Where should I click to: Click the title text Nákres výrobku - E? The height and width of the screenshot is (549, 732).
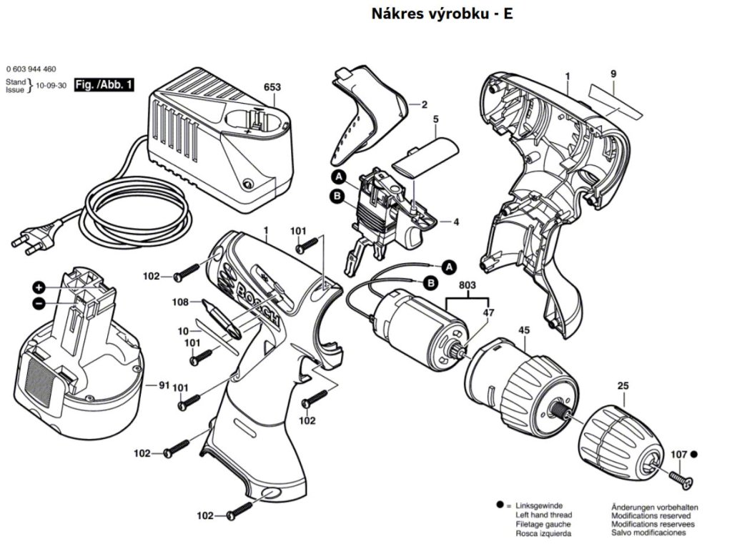(x=442, y=14)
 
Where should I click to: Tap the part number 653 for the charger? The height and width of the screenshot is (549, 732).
(x=272, y=88)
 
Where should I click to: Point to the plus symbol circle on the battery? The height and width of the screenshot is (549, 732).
(x=39, y=287)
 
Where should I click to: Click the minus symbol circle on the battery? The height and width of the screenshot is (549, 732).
(x=39, y=303)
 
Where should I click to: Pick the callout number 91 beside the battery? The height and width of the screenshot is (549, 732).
(x=164, y=385)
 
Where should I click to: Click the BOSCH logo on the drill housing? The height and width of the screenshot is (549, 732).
(x=247, y=290)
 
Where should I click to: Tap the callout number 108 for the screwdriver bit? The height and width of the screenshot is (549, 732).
(x=180, y=302)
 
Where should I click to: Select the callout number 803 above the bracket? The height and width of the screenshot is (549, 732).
(x=468, y=285)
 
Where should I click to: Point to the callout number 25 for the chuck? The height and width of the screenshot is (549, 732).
(x=623, y=387)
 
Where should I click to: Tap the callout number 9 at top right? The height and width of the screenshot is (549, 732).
(x=613, y=74)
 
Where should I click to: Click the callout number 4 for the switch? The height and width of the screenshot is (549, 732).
(x=455, y=222)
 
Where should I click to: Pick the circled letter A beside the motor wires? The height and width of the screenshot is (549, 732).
(x=449, y=267)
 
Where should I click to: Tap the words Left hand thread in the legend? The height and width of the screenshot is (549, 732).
(x=543, y=515)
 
